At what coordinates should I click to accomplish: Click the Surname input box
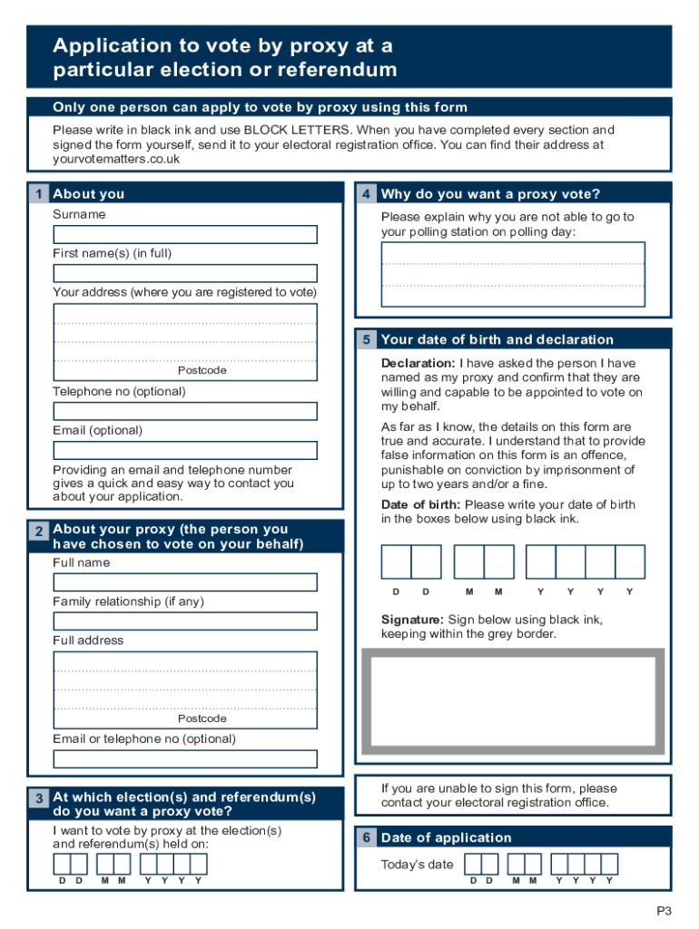click(x=185, y=234)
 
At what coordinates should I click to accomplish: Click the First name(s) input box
click(x=185, y=273)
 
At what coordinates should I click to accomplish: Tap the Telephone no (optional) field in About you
click(x=185, y=411)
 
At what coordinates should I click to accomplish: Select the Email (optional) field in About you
click(x=185, y=450)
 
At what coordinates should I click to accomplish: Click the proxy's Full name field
click(x=185, y=582)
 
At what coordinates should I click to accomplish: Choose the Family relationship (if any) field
click(x=185, y=621)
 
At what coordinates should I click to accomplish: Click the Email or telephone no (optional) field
click(x=185, y=758)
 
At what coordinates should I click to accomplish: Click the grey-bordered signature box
click(x=513, y=704)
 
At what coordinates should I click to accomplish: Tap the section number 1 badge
click(x=38, y=194)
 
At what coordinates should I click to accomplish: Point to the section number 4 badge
click(x=366, y=194)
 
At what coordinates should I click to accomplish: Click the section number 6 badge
click(x=366, y=837)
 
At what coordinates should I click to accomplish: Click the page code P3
click(x=665, y=911)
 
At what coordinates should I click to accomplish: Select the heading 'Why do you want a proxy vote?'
click(x=490, y=194)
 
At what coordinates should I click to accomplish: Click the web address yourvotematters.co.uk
click(x=116, y=159)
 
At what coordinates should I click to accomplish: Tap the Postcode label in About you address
click(x=202, y=370)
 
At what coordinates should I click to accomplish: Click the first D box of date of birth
click(x=397, y=562)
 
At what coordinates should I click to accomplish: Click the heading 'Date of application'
click(x=446, y=837)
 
